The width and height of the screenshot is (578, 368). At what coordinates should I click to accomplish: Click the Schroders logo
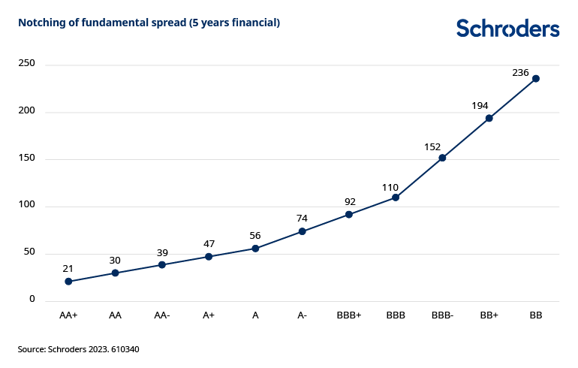coord(507,29)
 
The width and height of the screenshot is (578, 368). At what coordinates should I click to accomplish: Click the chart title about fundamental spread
coord(149,23)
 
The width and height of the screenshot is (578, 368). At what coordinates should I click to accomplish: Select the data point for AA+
coord(68,282)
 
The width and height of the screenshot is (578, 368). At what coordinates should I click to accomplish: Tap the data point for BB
coord(536,78)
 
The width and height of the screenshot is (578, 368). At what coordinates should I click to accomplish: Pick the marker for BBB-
coord(443,158)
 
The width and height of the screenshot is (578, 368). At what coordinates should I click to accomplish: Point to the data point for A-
coord(303,231)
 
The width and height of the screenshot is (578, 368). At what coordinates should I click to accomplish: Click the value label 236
coord(521,72)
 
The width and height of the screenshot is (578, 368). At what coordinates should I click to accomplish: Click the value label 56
coord(255,235)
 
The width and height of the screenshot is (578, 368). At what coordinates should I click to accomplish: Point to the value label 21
coord(68,268)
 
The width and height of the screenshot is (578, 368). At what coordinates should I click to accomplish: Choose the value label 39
coord(161,252)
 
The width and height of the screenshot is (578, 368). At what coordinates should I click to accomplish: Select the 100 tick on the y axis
coord(27,206)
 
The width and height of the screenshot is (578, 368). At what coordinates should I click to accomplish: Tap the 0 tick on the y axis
coord(32,300)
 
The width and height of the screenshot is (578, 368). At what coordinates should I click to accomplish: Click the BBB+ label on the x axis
coord(349,316)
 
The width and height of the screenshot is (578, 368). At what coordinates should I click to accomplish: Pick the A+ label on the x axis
coord(209,316)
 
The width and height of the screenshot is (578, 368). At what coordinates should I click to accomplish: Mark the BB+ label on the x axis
coord(489,316)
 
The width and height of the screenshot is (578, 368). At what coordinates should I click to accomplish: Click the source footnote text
coord(79,349)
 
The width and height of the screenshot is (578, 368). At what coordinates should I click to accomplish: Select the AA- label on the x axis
coord(161,316)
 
